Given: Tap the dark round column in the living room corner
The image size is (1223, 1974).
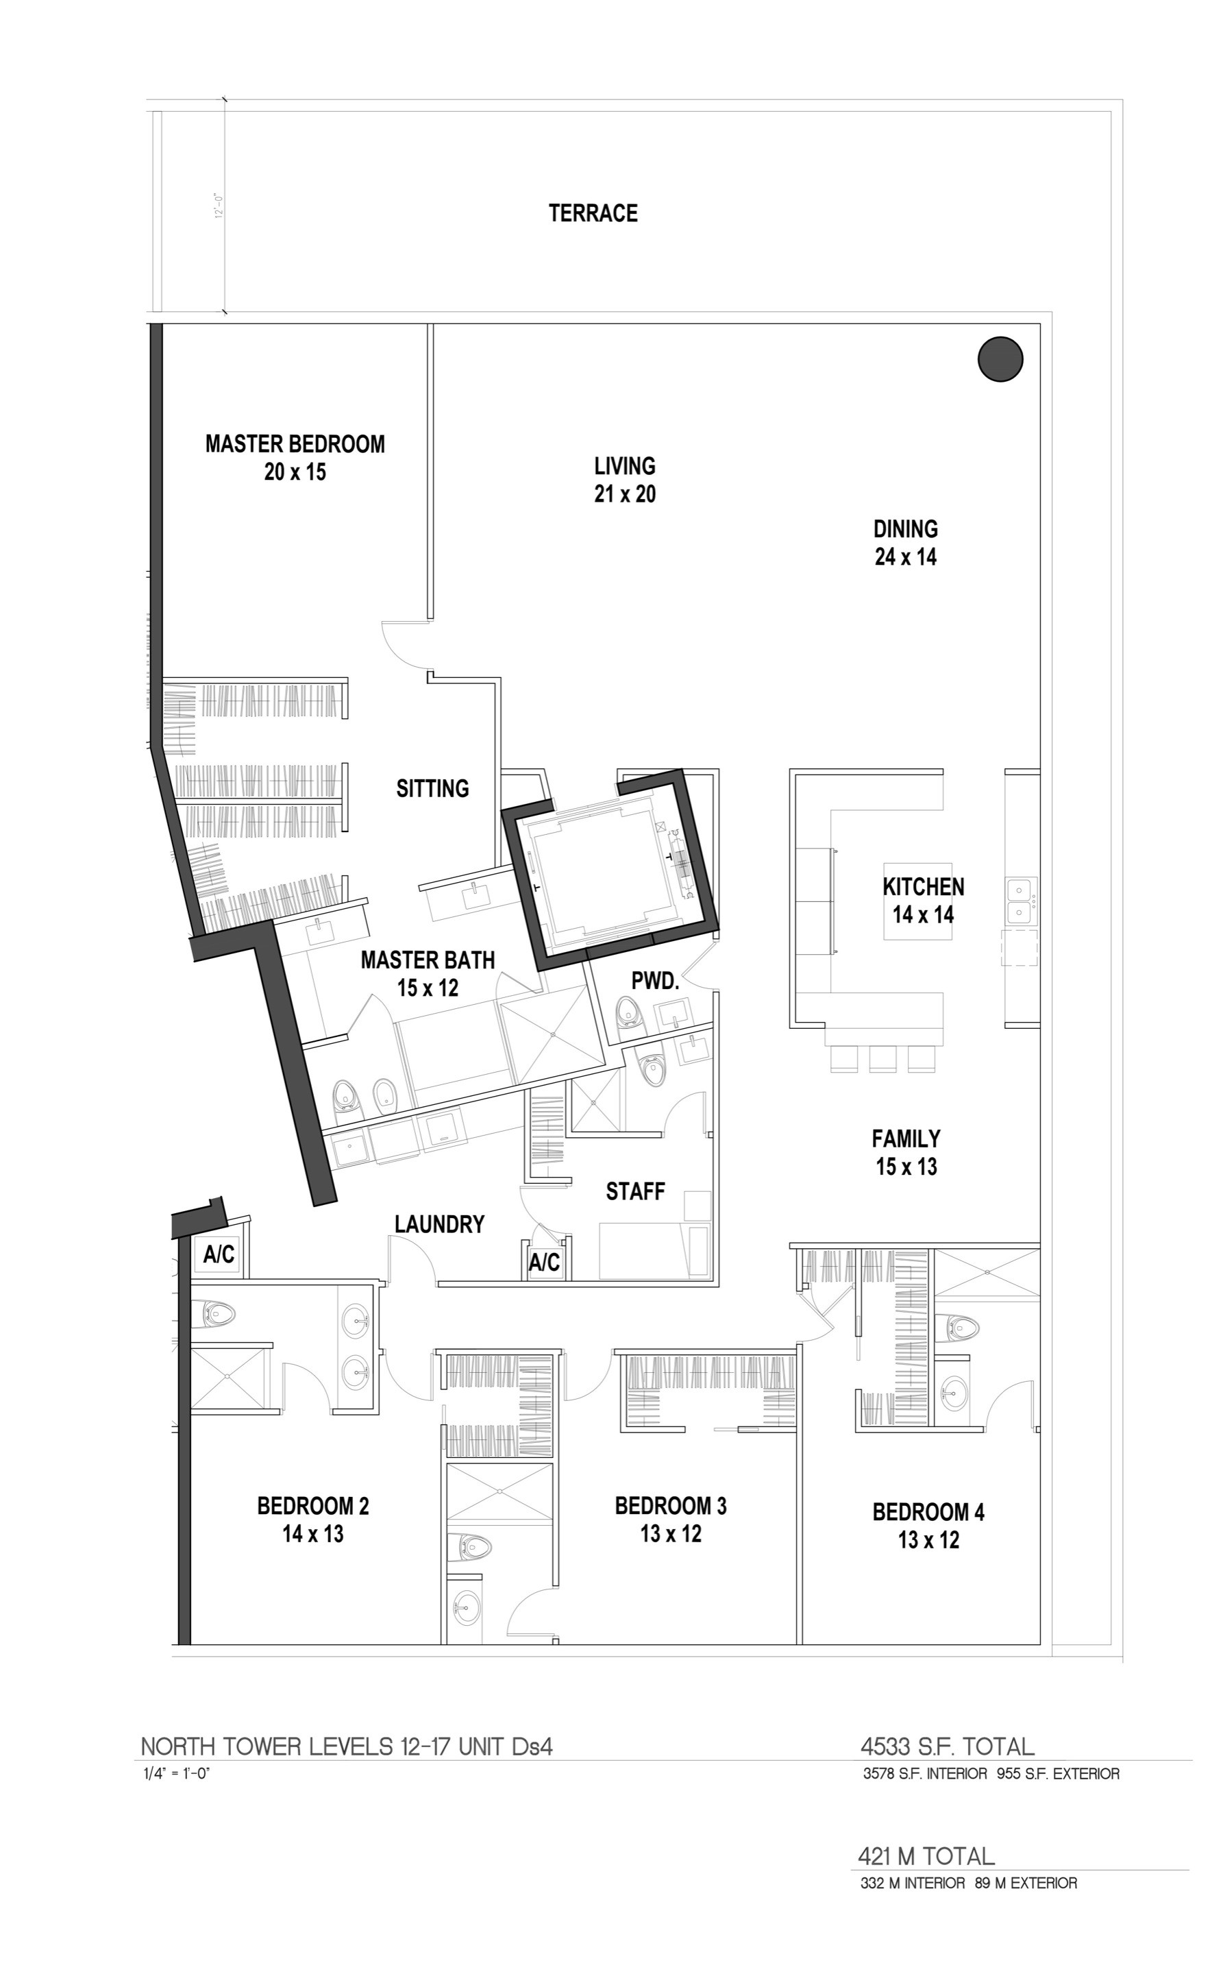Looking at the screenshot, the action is [x=1000, y=358].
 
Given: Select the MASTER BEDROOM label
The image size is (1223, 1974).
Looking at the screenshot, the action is [x=295, y=443].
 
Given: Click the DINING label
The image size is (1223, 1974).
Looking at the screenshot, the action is [x=905, y=529].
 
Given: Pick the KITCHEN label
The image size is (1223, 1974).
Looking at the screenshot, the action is [x=923, y=887].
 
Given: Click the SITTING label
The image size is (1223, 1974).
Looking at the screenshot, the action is [x=433, y=788].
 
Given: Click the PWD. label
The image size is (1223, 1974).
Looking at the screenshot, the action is [x=654, y=981].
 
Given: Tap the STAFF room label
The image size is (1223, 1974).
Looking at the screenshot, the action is [x=635, y=1191].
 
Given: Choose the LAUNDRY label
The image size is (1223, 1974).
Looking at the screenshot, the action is [x=439, y=1224].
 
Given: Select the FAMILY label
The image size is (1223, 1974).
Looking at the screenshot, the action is [x=906, y=1138].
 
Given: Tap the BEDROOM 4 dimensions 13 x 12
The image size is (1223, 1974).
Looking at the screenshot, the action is [x=928, y=1539].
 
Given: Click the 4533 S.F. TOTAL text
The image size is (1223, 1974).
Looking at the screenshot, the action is [x=947, y=1746].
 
